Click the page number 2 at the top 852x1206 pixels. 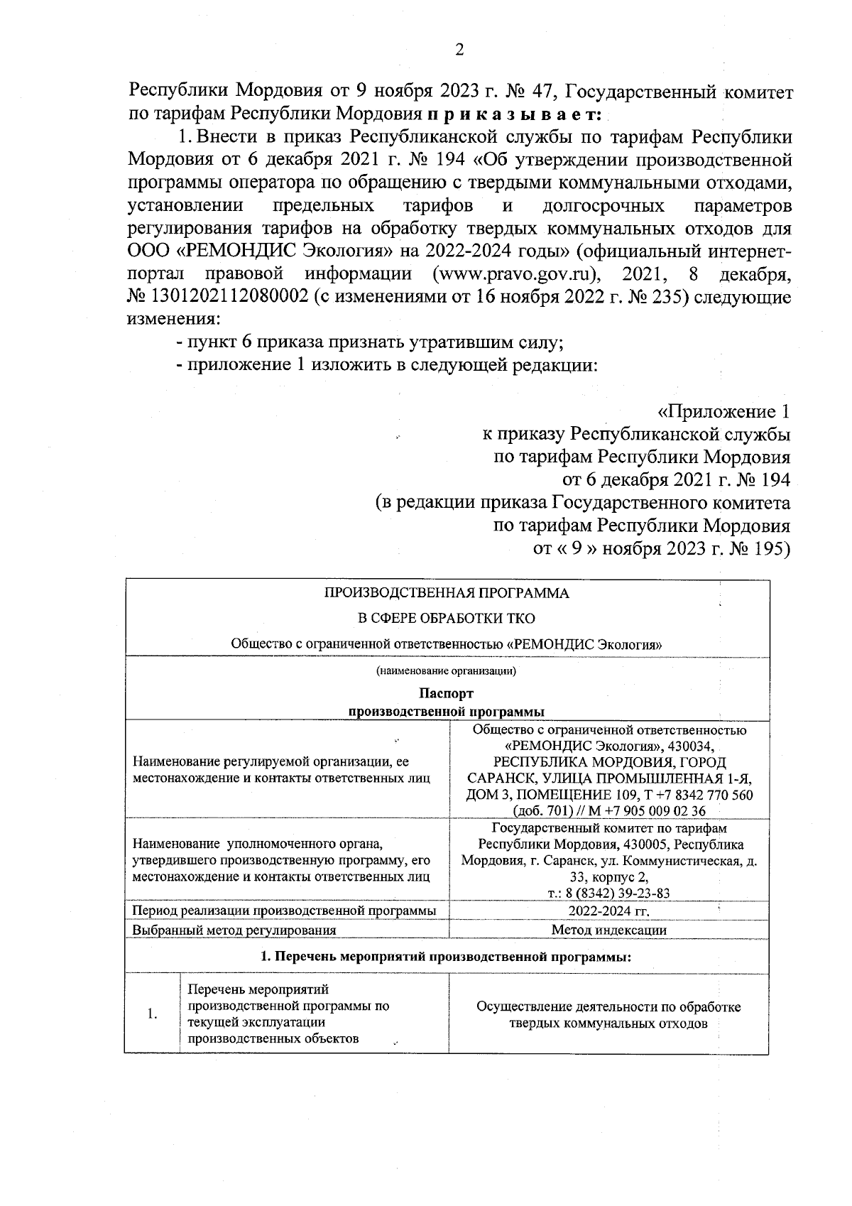pos(459,49)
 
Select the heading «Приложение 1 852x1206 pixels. pos(724,412)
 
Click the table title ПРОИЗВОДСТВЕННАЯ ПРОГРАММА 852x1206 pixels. pos(446,594)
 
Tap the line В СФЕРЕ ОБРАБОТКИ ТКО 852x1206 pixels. pos(446,619)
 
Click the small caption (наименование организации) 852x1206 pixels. pos(446,670)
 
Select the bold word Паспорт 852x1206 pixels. pos(446,693)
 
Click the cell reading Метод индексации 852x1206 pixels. pos(608,930)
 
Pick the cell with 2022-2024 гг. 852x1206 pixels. pos(608,911)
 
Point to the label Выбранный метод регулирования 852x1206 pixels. pos(234,930)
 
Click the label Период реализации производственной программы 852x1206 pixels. pos(284,911)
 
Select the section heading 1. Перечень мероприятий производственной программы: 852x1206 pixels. pos(446,957)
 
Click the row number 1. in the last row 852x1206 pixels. pos(152,1014)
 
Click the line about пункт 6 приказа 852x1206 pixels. pos(369,343)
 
